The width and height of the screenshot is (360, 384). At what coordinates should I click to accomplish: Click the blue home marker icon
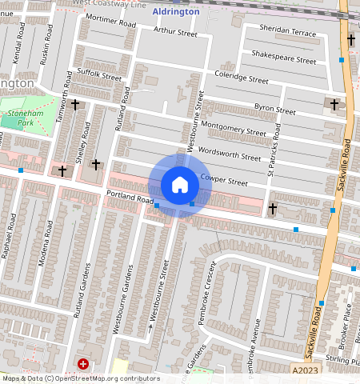click(180, 185)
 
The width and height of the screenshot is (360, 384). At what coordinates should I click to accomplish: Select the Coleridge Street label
click(241, 79)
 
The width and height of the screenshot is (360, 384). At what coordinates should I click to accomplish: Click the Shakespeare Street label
click(283, 59)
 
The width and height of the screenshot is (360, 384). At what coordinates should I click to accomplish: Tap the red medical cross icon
click(83, 364)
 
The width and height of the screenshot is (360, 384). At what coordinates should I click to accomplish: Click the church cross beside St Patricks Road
click(273, 209)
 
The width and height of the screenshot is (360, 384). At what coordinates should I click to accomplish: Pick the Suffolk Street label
click(99, 77)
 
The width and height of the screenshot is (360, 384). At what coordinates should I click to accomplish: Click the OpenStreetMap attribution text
click(80, 378)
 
